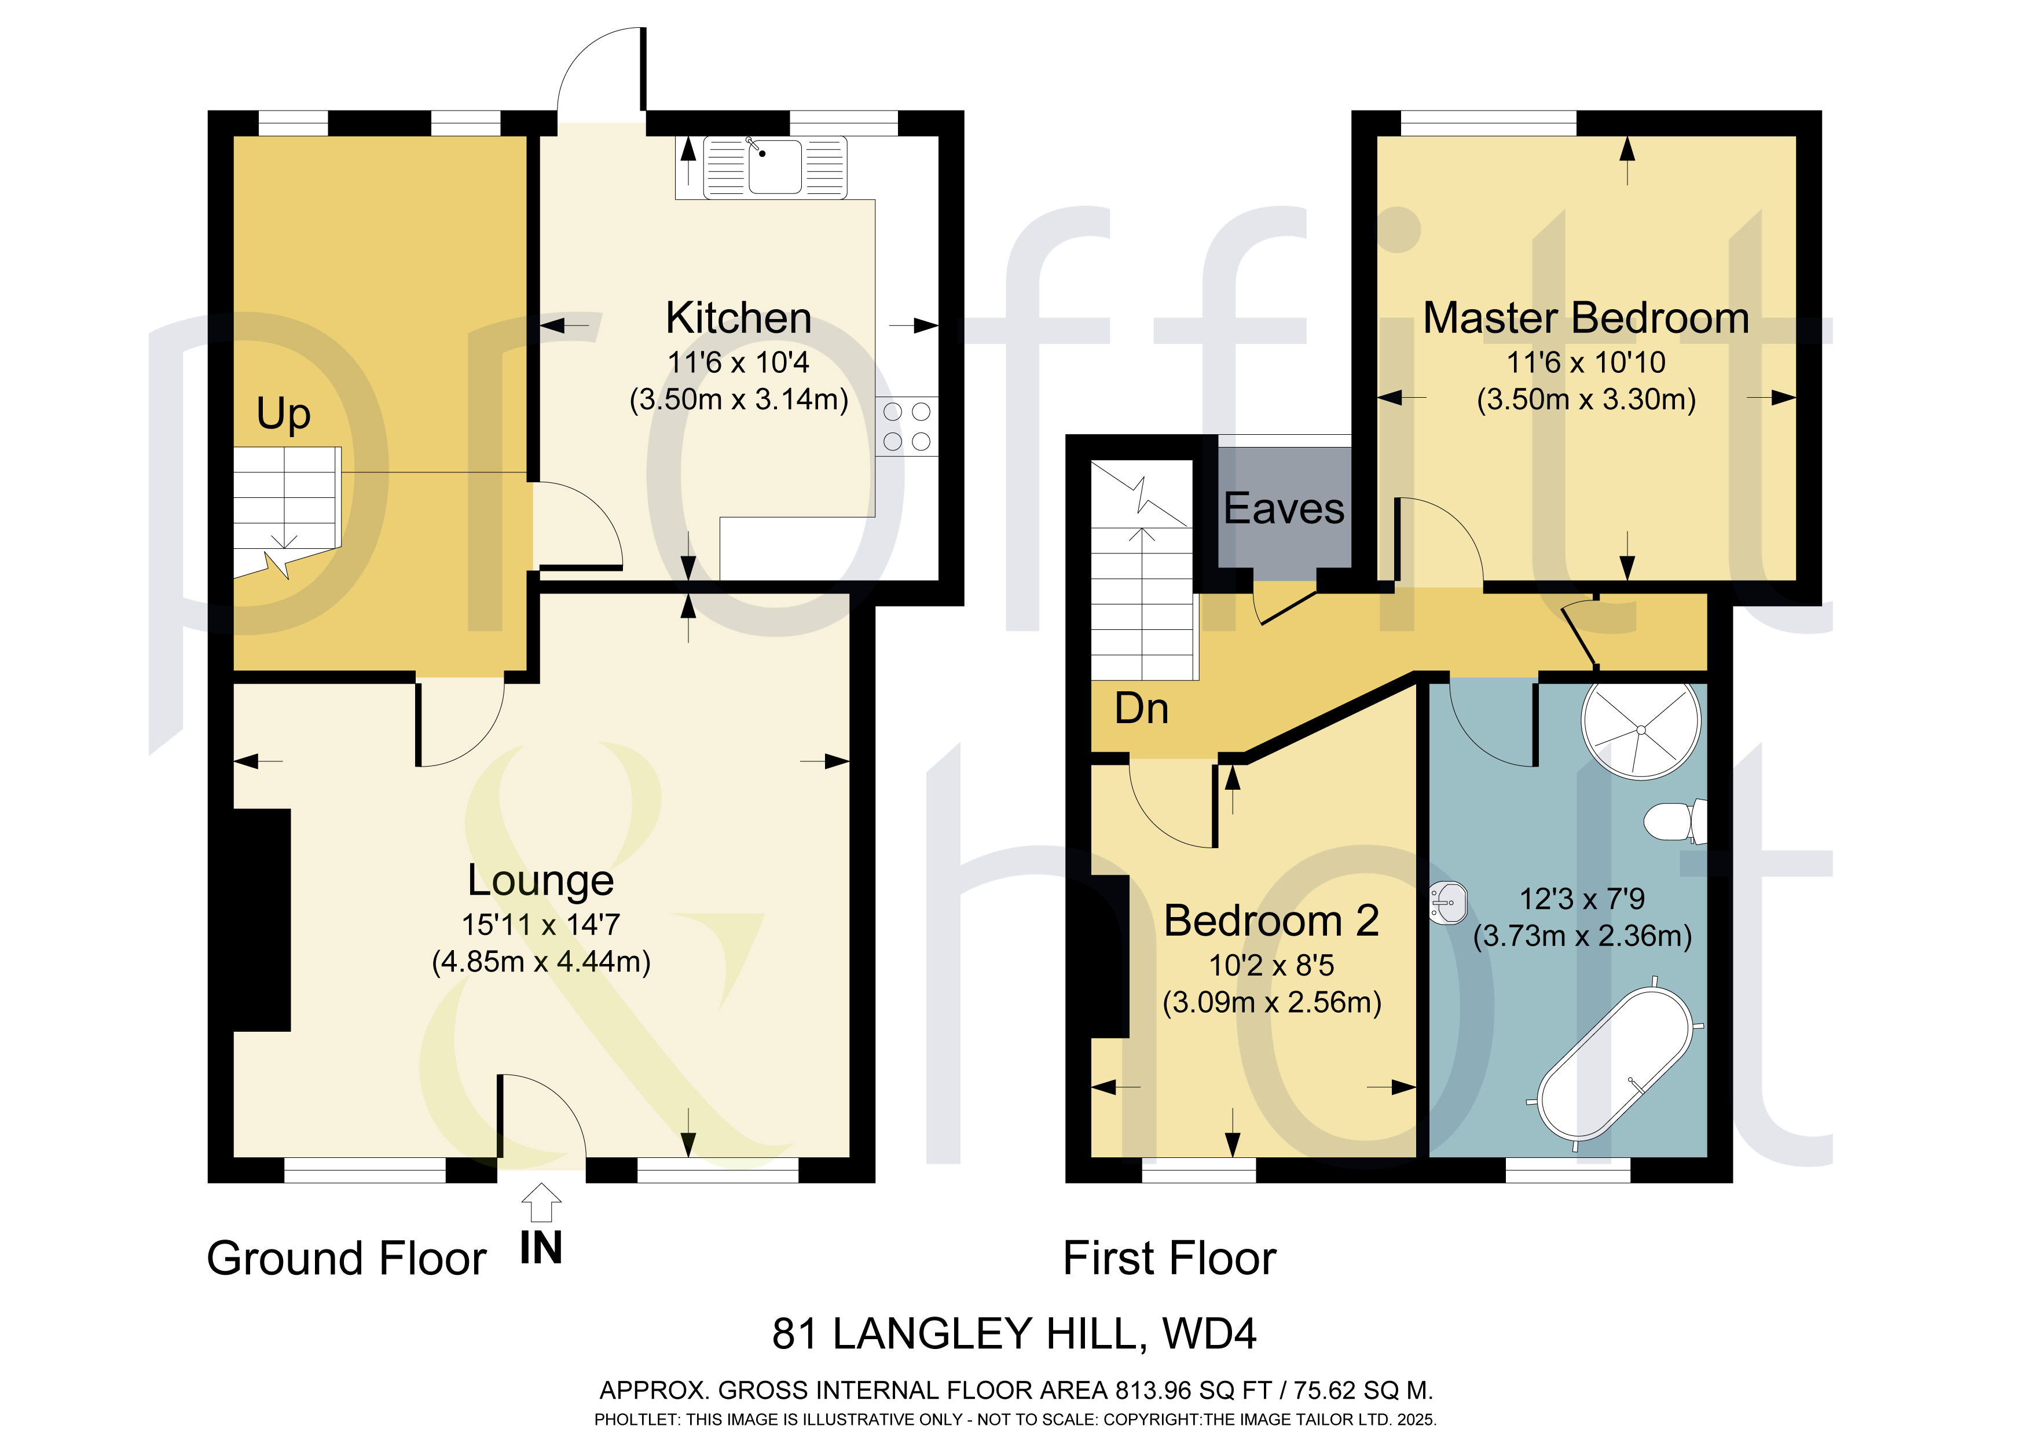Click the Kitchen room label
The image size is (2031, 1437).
click(739, 318)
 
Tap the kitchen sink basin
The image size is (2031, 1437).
click(775, 166)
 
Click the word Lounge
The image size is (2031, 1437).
click(541, 881)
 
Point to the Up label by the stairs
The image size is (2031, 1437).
click(283, 414)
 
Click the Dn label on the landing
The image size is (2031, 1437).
click(1141, 709)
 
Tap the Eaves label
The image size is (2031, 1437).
click(1284, 509)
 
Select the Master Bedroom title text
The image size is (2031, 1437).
click(1586, 318)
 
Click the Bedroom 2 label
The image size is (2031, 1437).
click(1271, 921)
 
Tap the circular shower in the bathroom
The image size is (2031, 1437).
click(1641, 730)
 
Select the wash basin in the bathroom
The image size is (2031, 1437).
click(1449, 903)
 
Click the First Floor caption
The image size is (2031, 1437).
click(1170, 1258)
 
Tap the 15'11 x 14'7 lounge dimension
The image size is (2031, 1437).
click(541, 925)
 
